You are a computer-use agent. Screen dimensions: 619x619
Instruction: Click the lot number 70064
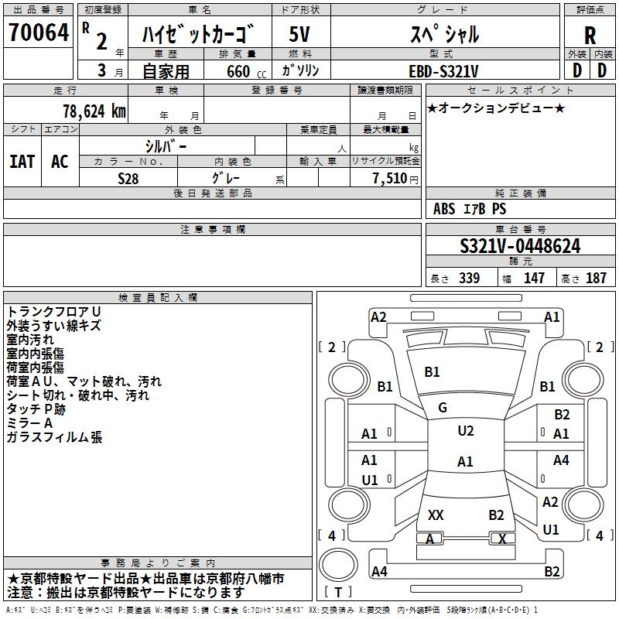click(x=39, y=32)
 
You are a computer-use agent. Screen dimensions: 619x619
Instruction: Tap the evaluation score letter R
click(x=590, y=36)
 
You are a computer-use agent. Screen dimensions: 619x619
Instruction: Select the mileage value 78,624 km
click(x=94, y=111)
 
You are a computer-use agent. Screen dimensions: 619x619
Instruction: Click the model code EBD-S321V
click(x=443, y=71)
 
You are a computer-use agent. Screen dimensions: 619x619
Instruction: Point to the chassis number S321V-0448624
click(x=520, y=246)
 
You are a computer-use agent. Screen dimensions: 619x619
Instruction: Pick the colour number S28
click(x=128, y=179)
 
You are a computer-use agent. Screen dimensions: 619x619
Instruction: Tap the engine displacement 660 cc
click(x=246, y=71)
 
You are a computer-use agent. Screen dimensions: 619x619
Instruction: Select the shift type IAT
click(x=22, y=161)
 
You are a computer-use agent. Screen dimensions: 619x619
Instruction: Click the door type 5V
click(x=299, y=34)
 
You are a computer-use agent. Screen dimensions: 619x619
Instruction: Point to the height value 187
click(x=596, y=278)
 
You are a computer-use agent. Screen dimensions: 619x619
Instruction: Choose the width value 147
click(x=534, y=278)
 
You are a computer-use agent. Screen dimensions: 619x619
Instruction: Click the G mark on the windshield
click(x=443, y=408)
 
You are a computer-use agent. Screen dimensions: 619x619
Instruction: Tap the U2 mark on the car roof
click(x=466, y=431)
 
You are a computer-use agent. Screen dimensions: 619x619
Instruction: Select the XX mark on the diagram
click(x=436, y=515)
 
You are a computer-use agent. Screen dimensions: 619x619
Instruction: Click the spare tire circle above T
click(x=338, y=564)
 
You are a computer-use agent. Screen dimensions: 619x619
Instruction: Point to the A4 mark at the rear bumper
click(x=379, y=571)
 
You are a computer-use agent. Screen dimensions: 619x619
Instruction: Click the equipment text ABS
click(x=444, y=208)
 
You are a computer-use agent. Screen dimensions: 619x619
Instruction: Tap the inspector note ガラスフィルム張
click(x=54, y=437)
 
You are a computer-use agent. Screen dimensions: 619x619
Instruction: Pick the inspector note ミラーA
click(x=29, y=423)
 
